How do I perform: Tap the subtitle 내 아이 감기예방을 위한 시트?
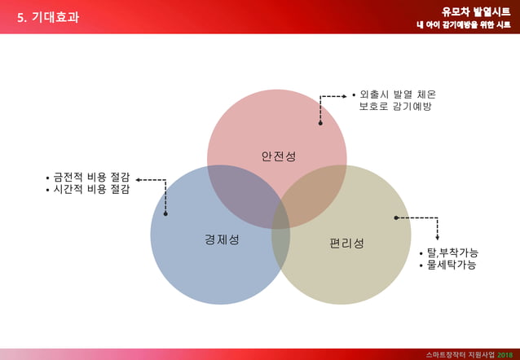coord(463,25)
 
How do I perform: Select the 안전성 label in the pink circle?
coord(278,156)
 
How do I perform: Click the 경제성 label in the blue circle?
coord(221,239)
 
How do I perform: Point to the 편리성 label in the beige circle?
coord(346,244)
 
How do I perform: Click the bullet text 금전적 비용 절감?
coord(91,177)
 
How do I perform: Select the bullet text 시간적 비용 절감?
coord(91,189)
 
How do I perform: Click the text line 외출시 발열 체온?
coord(397,94)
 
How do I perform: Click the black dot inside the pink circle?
coord(320,123)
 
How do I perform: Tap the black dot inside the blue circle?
coord(165,213)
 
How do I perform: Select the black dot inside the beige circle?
coord(396,217)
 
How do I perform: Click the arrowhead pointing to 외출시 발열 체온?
coord(345,96)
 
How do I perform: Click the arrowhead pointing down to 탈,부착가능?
coord(438,237)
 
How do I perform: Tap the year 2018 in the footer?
coord(506,354)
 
